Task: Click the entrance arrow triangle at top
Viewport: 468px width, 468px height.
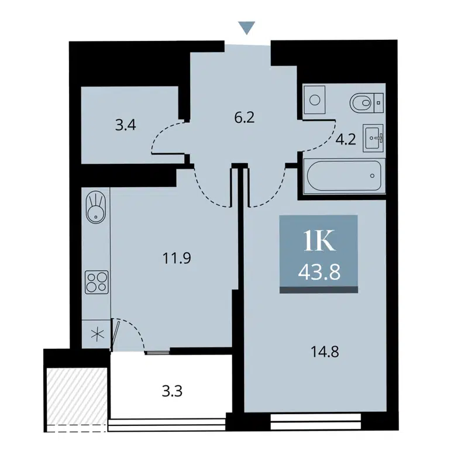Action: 247,27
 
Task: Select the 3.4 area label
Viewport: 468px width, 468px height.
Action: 126,124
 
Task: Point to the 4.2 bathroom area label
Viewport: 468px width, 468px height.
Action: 345,140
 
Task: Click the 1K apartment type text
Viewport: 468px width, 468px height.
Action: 318,240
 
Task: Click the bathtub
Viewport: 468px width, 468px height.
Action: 343,176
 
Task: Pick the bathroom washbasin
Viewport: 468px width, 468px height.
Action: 373,138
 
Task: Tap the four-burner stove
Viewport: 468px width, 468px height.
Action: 95,282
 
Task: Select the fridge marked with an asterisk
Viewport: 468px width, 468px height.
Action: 95,336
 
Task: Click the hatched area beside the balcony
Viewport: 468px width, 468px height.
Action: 75,395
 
